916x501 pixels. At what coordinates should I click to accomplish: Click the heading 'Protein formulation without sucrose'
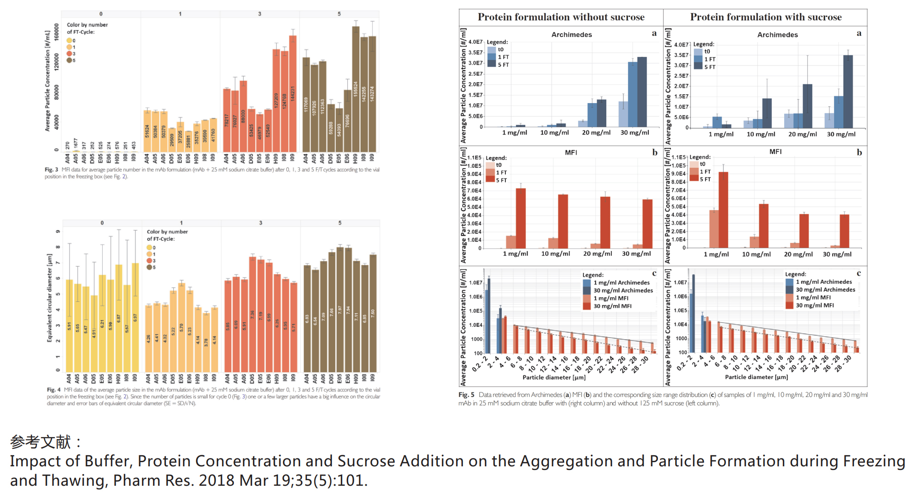(561, 17)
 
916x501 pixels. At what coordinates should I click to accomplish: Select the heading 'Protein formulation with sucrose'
(766, 17)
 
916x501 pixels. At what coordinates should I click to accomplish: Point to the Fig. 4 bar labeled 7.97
(340, 310)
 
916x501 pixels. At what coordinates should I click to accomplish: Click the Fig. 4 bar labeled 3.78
(206, 342)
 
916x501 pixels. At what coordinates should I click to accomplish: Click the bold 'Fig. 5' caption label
(466, 395)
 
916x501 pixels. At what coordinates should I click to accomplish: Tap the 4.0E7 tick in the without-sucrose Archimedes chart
(475, 42)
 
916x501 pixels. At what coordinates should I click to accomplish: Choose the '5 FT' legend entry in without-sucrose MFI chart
(501, 180)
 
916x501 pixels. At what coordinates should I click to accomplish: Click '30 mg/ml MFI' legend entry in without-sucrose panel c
(612, 306)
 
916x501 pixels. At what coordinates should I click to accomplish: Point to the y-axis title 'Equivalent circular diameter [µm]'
(49, 298)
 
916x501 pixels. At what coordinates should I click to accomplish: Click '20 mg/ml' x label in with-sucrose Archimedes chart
(802, 134)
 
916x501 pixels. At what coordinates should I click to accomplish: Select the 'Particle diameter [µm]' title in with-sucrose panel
(756, 377)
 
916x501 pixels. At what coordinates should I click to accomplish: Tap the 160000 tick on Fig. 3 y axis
(57, 32)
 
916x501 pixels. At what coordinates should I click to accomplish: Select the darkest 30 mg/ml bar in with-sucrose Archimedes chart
(848, 92)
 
